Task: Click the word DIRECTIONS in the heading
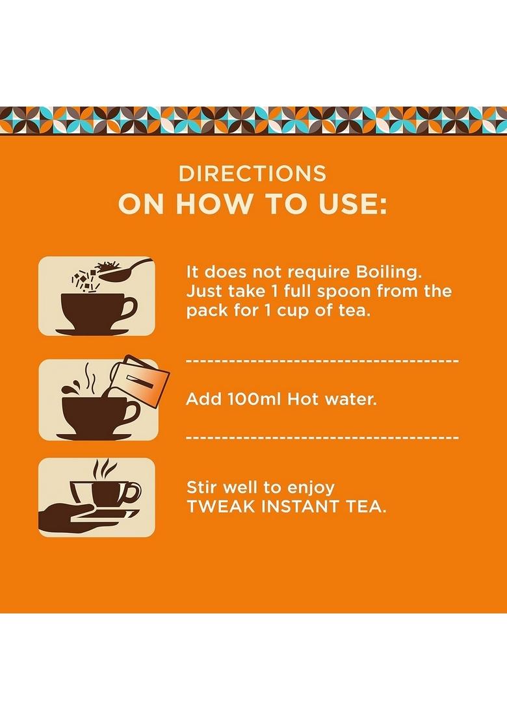click(253, 174)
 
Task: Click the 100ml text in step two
click(248, 399)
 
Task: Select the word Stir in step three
click(202, 487)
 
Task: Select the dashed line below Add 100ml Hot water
click(322, 437)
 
